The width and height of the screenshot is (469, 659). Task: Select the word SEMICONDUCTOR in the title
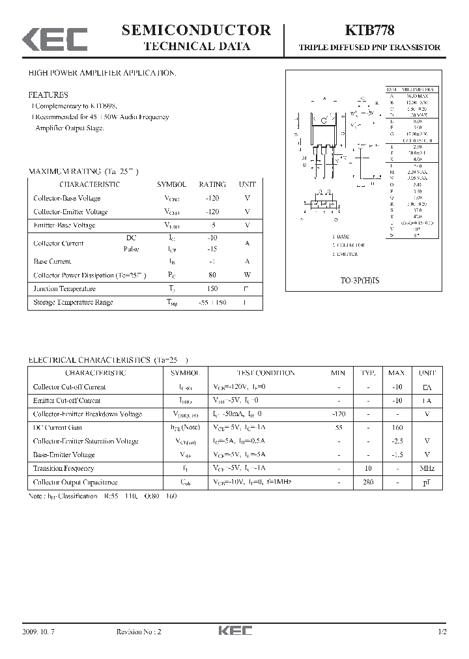click(196, 30)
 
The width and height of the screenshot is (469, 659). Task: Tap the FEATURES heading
click(48, 94)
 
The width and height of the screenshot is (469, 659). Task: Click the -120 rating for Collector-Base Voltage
click(212, 198)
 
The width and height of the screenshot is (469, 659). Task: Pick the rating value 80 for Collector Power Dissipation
click(212, 275)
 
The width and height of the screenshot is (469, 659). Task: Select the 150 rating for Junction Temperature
click(212, 288)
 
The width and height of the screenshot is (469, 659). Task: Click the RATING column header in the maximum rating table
click(212, 184)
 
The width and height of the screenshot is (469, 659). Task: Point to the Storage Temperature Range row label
click(73, 302)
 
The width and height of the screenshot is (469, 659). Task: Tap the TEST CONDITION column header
click(265, 373)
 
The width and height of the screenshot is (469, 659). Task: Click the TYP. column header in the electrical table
click(368, 373)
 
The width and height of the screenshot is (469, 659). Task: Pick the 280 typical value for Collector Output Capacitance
click(368, 483)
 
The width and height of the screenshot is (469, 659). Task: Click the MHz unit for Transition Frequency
click(427, 469)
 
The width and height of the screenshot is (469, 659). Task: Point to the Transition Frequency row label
click(63, 469)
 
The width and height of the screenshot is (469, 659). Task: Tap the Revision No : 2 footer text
click(139, 632)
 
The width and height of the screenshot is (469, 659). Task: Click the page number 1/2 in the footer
click(442, 632)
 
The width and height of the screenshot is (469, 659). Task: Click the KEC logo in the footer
click(234, 632)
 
